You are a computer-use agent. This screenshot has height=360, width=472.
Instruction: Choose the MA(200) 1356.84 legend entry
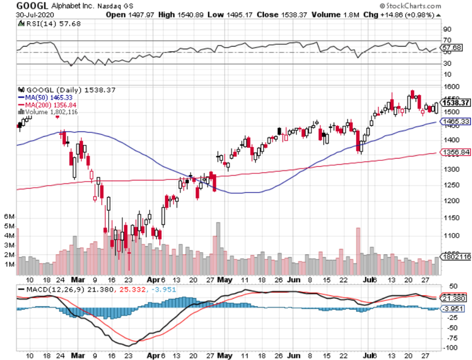[47, 104]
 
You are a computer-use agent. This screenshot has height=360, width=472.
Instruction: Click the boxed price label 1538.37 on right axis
[456, 103]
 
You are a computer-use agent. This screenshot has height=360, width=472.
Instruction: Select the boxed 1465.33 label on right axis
[456, 121]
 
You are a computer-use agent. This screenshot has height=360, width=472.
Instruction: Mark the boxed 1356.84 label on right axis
[456, 152]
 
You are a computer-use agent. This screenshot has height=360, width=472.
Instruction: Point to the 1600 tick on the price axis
[450, 86]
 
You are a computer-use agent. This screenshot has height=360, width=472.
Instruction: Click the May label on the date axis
[225, 280]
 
